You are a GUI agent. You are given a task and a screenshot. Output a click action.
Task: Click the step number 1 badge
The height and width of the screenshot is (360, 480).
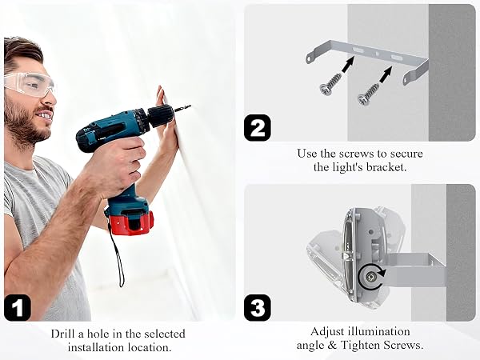click(18, 307)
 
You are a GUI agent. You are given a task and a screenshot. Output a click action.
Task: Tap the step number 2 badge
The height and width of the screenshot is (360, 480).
click(258, 128)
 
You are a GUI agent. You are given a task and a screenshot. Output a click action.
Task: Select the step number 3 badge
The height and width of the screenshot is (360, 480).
click(258, 308)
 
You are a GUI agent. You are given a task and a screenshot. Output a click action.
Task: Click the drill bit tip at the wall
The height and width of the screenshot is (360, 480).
click(190, 106)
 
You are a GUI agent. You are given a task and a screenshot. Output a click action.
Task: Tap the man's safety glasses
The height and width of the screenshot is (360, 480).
click(30, 83)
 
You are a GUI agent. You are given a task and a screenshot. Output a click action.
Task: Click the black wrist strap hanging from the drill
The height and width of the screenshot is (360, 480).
click(116, 254)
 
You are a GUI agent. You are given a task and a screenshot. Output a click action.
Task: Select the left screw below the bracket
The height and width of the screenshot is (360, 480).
click(330, 83)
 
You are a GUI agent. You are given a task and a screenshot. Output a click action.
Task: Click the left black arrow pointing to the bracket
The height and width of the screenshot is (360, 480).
click(348, 64)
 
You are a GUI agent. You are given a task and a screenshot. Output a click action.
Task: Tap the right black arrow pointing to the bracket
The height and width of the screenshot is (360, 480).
click(386, 74)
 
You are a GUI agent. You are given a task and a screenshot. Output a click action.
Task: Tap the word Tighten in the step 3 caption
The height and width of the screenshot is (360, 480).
click(360, 346)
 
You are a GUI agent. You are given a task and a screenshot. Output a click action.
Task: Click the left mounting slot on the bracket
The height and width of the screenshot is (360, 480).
click(358, 50)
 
